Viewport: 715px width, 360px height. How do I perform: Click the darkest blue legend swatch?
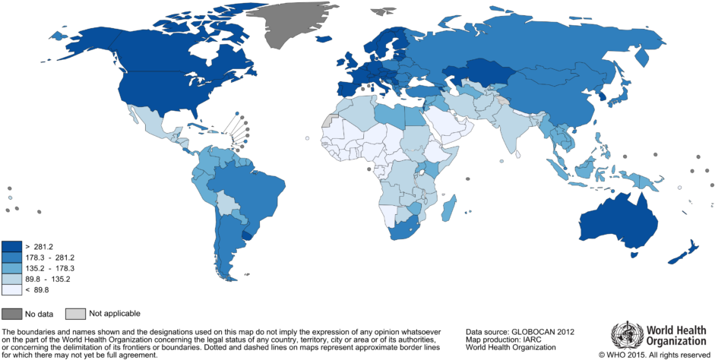tap(11, 246)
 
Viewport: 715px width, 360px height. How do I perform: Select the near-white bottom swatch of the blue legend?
tap(11, 289)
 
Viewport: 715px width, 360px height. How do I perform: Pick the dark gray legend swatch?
tap(11, 314)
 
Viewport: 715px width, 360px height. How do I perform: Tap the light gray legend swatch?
tap(75, 314)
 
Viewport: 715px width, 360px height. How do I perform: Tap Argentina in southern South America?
tap(227, 243)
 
